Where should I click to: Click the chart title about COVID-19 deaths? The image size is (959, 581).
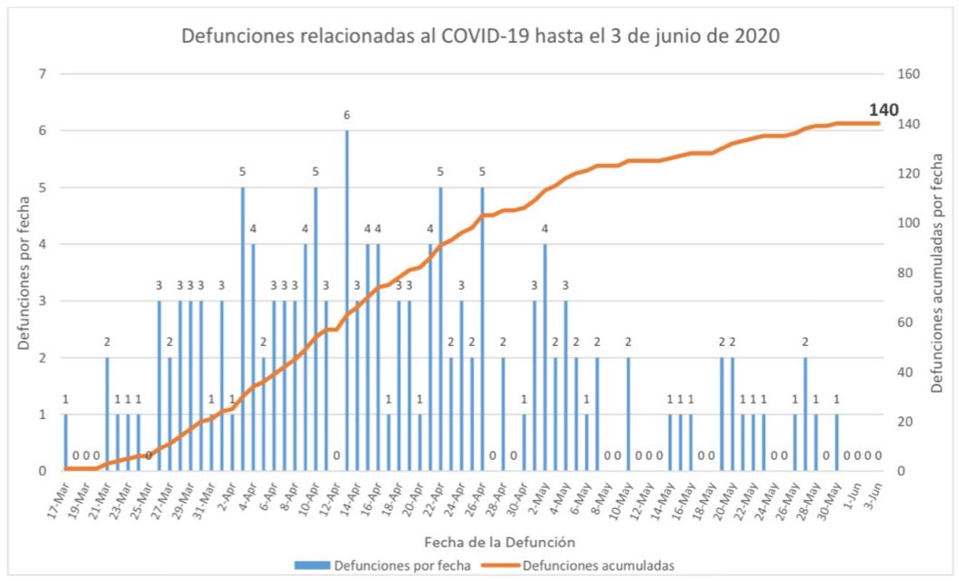pyautogui.click(x=481, y=37)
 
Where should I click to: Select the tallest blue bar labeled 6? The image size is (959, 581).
pyautogui.click(x=347, y=301)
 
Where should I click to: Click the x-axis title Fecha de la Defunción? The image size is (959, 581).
pyautogui.click(x=479, y=541)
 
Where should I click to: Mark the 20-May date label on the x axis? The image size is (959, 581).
pyautogui.click(x=723, y=494)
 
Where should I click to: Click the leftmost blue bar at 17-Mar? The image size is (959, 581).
pyautogui.click(x=66, y=443)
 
